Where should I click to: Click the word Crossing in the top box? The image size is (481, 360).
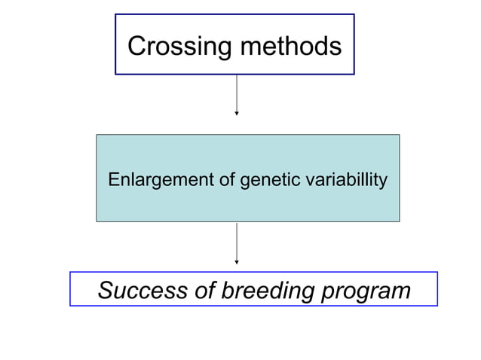179,47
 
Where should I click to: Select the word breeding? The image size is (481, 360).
267,290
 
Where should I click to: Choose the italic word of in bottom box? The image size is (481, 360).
204,290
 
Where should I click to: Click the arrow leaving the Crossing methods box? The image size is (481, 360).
237,93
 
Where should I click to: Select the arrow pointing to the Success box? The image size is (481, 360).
237,242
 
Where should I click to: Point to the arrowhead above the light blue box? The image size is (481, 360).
237,113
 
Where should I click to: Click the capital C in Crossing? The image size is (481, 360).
136,47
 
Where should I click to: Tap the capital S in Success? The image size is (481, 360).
106,290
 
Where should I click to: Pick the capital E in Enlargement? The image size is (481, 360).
114,180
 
